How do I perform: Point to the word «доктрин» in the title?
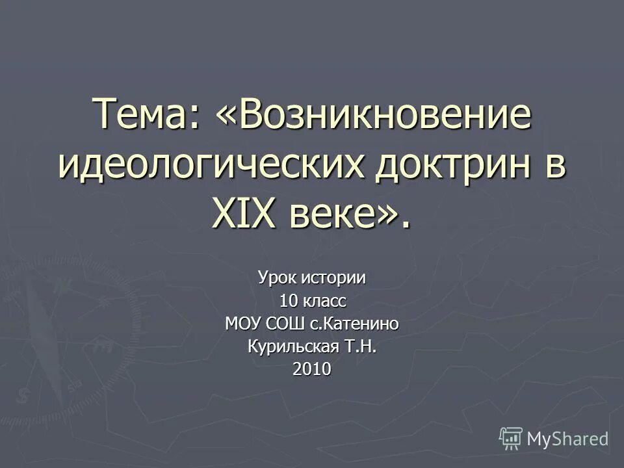(444, 167)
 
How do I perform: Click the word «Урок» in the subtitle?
(277, 278)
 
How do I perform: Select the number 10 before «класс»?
(288, 301)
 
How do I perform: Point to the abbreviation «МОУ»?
(242, 324)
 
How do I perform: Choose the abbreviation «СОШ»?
(279, 324)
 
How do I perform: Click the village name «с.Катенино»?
(350, 324)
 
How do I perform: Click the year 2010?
(312, 369)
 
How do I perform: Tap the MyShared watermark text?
(567, 439)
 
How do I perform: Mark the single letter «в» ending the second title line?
(554, 167)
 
